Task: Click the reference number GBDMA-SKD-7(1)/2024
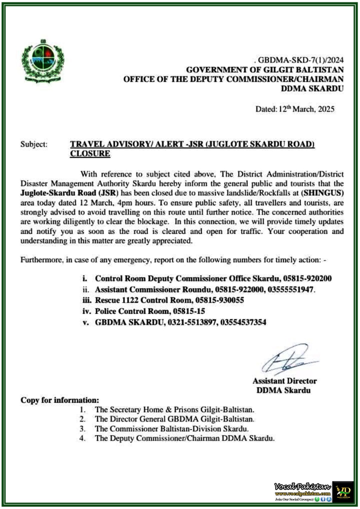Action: (300, 60)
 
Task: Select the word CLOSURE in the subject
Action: (90, 154)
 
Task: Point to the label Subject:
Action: (34, 144)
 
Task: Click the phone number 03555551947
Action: (291, 289)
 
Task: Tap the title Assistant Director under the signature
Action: (285, 381)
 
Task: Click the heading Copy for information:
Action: (60, 400)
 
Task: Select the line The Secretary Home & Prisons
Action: (174, 410)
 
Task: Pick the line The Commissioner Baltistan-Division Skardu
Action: (172, 429)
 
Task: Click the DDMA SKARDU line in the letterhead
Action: (312, 88)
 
